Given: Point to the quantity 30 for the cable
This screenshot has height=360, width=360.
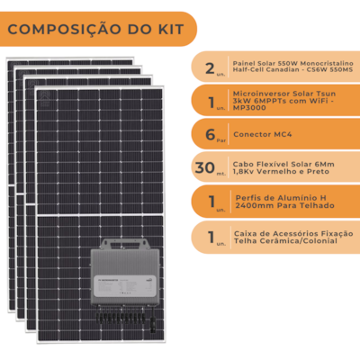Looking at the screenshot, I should (207, 167).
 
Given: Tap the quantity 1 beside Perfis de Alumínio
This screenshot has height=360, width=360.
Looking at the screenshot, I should (210, 202).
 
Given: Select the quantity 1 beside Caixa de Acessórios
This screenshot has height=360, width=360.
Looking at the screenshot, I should (210, 237).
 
